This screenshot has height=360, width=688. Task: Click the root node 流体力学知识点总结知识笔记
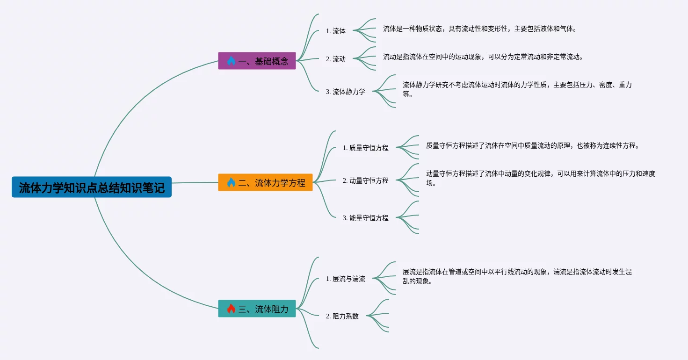point(92,187)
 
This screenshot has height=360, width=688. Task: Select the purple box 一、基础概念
point(257,61)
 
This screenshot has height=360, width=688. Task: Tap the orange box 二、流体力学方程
point(265,182)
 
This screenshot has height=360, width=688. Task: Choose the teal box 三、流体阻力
point(257,309)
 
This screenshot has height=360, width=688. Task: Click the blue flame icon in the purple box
point(231,61)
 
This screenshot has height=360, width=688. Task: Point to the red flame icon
point(231,309)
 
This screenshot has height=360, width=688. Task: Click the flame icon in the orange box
point(231,182)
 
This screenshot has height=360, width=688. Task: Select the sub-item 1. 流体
point(336,31)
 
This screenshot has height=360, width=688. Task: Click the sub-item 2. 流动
point(336,59)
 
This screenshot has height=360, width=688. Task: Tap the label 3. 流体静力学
point(345,92)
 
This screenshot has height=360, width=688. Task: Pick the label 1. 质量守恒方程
point(365,148)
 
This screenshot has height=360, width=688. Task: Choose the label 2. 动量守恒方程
point(365,180)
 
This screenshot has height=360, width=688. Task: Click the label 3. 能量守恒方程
point(365,218)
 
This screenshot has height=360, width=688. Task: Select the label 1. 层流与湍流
point(345,279)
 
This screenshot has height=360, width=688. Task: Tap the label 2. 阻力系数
point(342,316)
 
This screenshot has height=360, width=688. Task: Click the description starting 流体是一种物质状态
point(479,29)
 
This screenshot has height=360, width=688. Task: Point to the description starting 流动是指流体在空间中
point(483,57)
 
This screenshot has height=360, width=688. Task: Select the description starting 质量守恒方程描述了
point(532,145)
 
